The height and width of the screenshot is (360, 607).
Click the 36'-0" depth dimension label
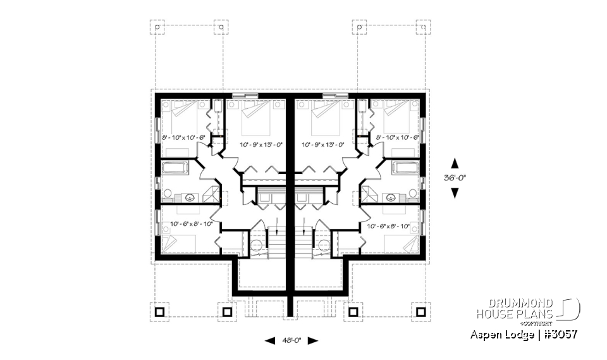coord(454,178)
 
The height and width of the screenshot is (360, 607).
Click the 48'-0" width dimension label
coord(291,340)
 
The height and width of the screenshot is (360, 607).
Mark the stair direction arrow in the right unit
coord(305,227)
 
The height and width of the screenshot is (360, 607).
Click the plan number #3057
coord(558,333)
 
